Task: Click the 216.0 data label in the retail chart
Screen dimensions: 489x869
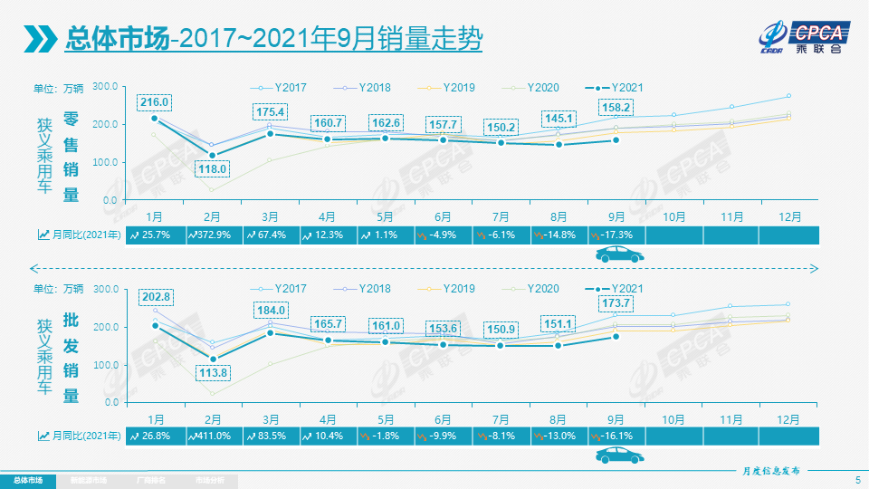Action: (155, 102)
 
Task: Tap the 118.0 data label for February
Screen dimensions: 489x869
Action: (213, 168)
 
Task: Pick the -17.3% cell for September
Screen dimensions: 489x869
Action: (616, 235)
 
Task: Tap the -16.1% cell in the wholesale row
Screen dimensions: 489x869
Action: (616, 436)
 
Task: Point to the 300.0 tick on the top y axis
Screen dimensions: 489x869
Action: (106, 86)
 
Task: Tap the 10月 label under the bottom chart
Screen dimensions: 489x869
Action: (673, 419)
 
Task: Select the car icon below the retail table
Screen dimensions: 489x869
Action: (618, 255)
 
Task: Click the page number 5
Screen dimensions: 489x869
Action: (857, 479)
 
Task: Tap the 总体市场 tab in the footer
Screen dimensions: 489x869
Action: (27, 480)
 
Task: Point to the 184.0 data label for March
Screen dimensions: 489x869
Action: (271, 310)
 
